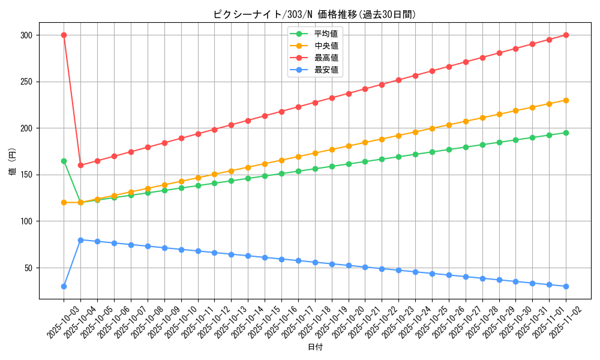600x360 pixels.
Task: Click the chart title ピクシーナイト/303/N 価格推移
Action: click(x=314, y=14)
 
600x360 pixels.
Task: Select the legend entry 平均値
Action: click(x=326, y=34)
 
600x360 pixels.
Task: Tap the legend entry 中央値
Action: click(x=326, y=46)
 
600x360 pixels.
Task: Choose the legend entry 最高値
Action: click(x=326, y=58)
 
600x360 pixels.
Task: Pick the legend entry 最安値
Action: click(x=326, y=70)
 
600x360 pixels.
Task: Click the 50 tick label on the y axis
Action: click(x=28, y=268)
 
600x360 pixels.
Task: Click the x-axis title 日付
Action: click(x=315, y=347)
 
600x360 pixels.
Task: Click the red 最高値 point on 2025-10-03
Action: click(x=64, y=35)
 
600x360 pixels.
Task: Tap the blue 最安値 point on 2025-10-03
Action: click(x=64, y=286)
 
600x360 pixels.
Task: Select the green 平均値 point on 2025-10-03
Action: click(x=64, y=161)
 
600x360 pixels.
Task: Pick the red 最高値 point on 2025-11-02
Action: click(x=566, y=35)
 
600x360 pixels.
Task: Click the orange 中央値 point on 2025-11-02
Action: click(x=566, y=100)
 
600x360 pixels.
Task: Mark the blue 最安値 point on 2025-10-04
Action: click(x=80, y=240)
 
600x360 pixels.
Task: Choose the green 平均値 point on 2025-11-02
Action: click(x=566, y=133)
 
